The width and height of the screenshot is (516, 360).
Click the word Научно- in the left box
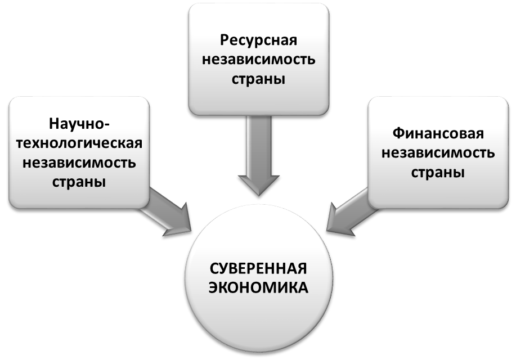click(x=79, y=123)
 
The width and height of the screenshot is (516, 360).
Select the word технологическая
click(x=79, y=143)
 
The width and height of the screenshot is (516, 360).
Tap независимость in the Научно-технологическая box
click(x=79, y=163)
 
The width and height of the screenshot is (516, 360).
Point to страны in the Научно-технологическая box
click(x=79, y=182)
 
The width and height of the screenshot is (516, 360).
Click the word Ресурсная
click(x=258, y=40)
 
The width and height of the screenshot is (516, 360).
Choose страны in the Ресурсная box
click(x=258, y=79)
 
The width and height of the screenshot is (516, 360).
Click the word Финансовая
click(x=438, y=134)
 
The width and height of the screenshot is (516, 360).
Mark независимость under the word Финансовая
click(x=438, y=153)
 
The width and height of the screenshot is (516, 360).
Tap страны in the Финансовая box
click(x=438, y=173)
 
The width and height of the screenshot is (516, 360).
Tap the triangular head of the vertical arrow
click(x=258, y=183)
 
